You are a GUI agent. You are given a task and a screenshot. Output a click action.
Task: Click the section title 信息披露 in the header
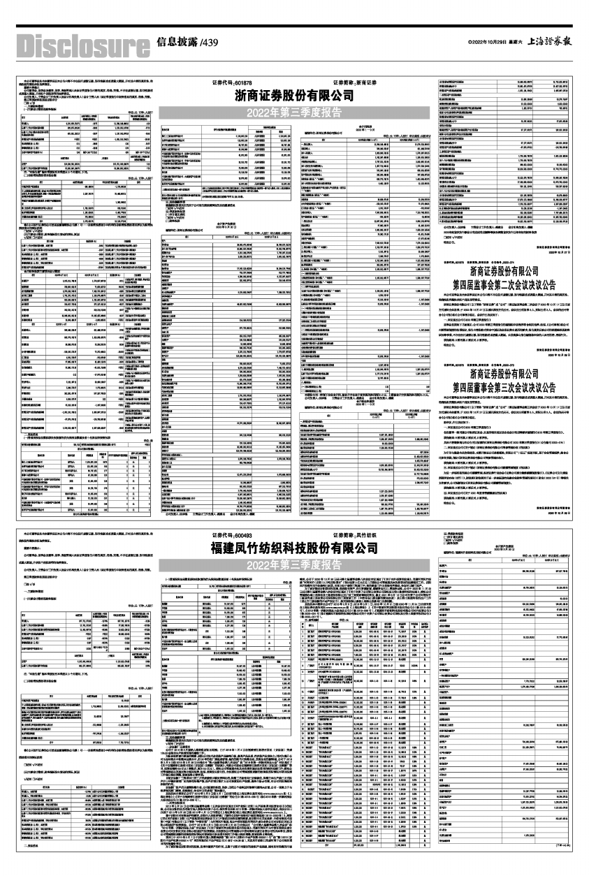(176, 42)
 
